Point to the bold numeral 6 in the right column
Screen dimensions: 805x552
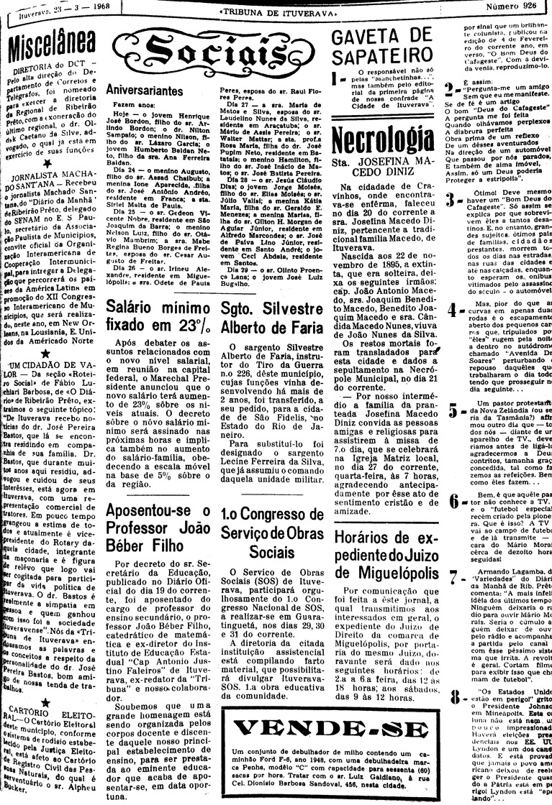coord(451,500)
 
